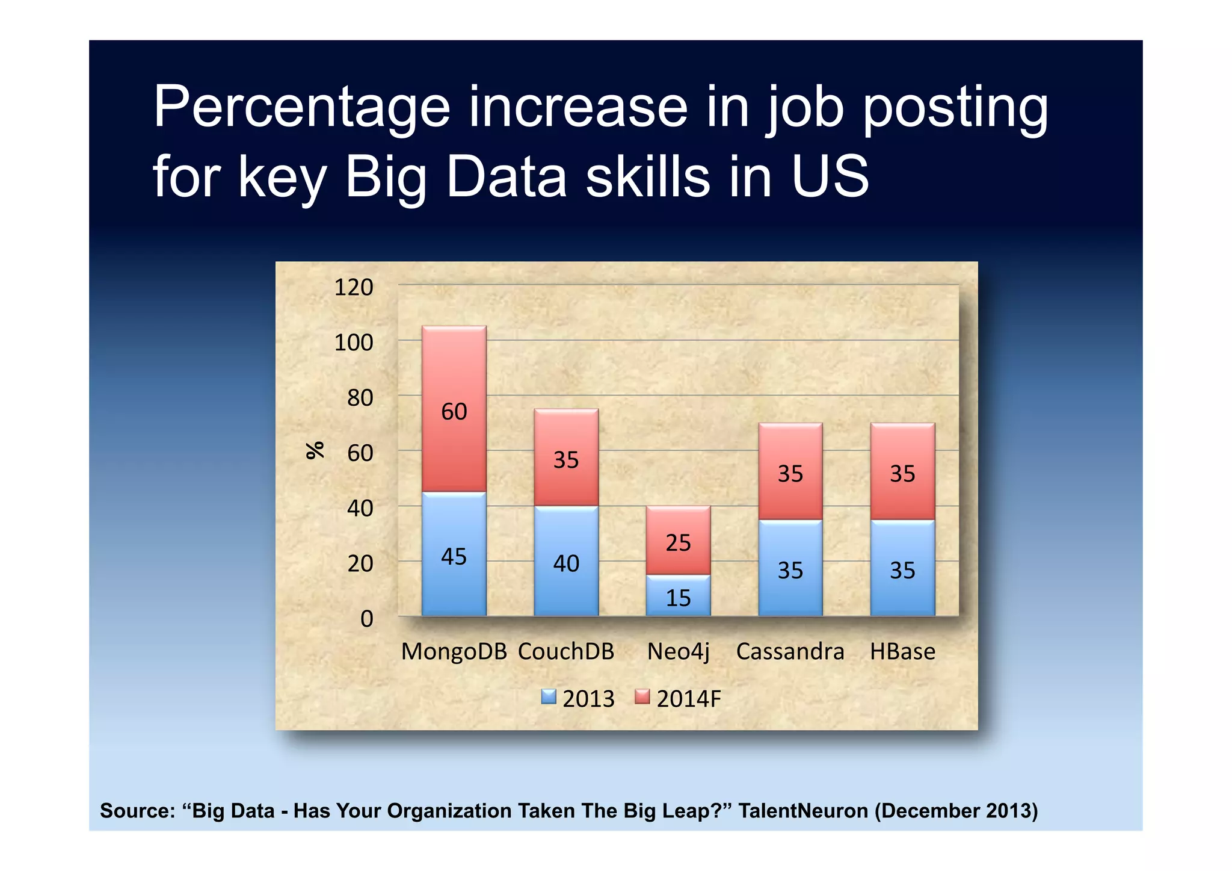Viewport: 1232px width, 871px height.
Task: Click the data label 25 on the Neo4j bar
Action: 678,543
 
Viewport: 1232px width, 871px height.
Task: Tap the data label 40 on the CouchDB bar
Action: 566,563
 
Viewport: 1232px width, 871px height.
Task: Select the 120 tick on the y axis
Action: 354,288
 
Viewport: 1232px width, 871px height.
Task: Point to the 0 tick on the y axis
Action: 366,619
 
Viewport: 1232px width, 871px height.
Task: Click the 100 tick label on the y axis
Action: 354,343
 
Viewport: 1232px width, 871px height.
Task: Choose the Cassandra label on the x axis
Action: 790,651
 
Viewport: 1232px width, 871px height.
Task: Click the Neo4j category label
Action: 678,651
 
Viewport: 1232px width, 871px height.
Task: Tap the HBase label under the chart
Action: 902,651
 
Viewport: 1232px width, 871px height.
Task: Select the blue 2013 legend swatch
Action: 549,697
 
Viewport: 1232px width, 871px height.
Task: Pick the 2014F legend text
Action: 688,699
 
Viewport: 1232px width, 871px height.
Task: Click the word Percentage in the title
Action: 301,108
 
